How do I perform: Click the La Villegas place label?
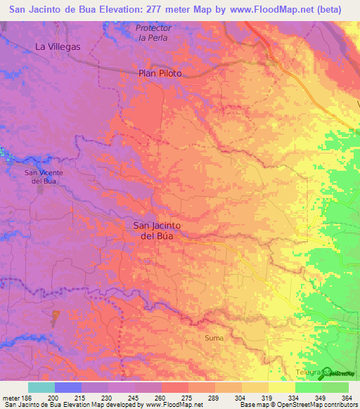pos(58,47)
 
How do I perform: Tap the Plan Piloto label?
pos(160,73)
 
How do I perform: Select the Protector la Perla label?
pos(153,32)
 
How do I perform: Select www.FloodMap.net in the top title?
pos(257,9)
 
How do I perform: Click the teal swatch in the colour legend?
pos(41,387)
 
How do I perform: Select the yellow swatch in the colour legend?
pos(281,387)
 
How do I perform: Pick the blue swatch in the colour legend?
pos(67,387)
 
